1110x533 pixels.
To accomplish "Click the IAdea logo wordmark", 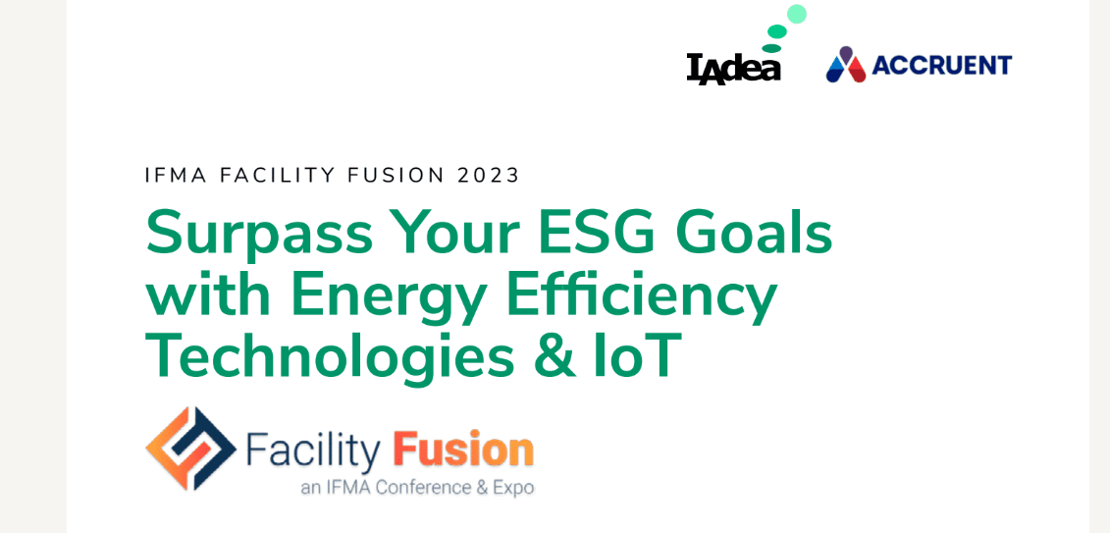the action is (733, 69).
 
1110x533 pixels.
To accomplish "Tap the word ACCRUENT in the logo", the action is (941, 65).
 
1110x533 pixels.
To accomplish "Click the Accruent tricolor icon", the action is (846, 65).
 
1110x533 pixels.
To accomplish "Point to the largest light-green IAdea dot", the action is (797, 14).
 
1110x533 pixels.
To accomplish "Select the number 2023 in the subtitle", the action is (488, 175).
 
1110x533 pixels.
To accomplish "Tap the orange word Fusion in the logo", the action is (463, 448).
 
